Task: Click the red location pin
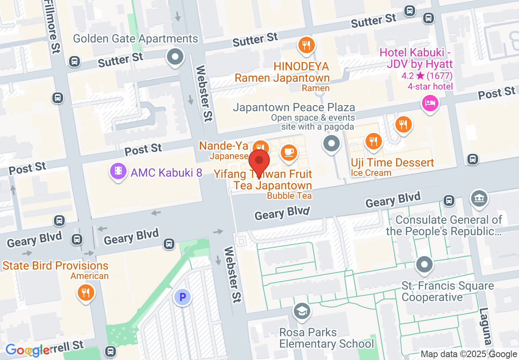click(x=259, y=161)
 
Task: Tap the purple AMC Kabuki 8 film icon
click(x=118, y=171)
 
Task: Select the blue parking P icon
click(x=183, y=297)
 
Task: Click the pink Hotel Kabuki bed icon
click(x=430, y=102)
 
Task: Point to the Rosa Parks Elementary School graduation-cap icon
click(x=302, y=311)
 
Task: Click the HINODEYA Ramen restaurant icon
click(x=306, y=45)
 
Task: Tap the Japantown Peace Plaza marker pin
click(x=332, y=144)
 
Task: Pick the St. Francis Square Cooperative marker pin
click(x=424, y=264)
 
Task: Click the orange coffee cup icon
click(x=289, y=152)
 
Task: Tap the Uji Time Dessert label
click(x=392, y=162)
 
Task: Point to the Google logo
click(x=28, y=350)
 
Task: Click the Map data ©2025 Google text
click(x=469, y=354)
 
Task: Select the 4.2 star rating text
click(x=427, y=76)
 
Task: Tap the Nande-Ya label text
click(x=223, y=146)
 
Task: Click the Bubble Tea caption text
click(x=289, y=196)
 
